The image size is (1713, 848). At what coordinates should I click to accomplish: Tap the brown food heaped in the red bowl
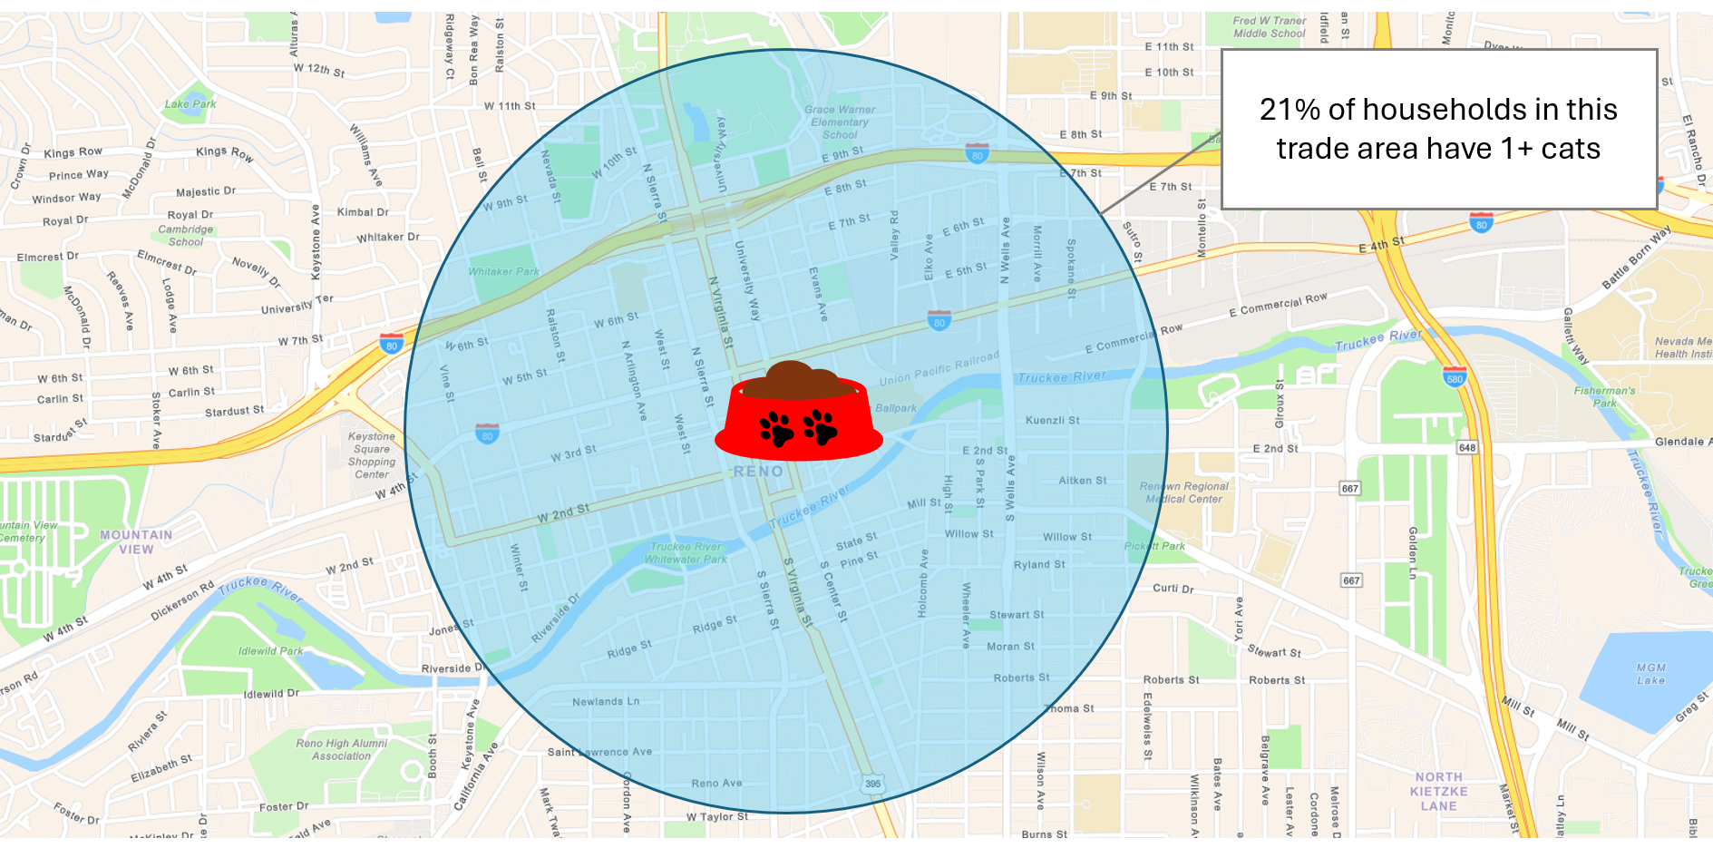coord(798,381)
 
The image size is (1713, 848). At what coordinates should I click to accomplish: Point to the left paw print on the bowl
coord(776,428)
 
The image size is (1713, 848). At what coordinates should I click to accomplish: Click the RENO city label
coord(758,472)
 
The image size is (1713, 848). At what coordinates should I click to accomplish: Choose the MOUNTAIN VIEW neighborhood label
coord(136,541)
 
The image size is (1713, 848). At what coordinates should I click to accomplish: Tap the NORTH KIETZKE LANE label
coord(1438,791)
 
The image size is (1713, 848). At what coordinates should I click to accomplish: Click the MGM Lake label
coord(1650,674)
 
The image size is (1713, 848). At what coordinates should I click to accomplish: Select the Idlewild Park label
coord(270,651)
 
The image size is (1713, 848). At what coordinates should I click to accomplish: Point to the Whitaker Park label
coord(503,271)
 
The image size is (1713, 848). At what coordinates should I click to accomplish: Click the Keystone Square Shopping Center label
coord(372,455)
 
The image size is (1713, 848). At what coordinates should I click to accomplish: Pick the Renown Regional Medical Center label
coord(1183,492)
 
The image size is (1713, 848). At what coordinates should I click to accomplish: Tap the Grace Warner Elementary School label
coord(840,122)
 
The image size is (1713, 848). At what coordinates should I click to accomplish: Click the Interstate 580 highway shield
coord(1455,377)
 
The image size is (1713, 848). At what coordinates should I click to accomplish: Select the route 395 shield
coord(872,784)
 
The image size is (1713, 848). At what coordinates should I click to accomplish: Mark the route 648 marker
coord(1466,447)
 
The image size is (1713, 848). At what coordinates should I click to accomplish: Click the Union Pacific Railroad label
coord(939,367)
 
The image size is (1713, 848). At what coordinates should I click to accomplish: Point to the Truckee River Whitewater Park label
coord(686,553)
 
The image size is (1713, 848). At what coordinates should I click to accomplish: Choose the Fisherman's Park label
coord(1604,397)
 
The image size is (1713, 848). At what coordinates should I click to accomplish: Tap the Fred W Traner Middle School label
coord(1270,27)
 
